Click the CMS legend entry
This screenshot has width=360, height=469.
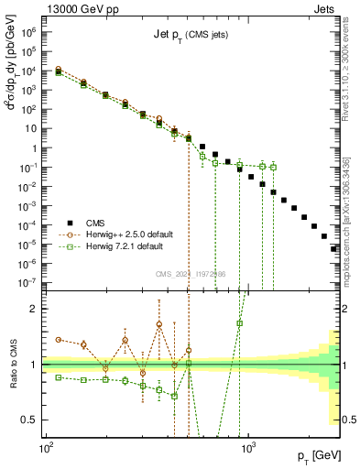pyautogui.click(x=96, y=222)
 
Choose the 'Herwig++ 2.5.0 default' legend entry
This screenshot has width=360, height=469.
pyautogui.click(x=136, y=234)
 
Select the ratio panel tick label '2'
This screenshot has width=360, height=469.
pyautogui.click(x=36, y=309)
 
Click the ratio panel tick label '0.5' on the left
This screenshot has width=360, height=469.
pyautogui.click(x=30, y=420)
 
